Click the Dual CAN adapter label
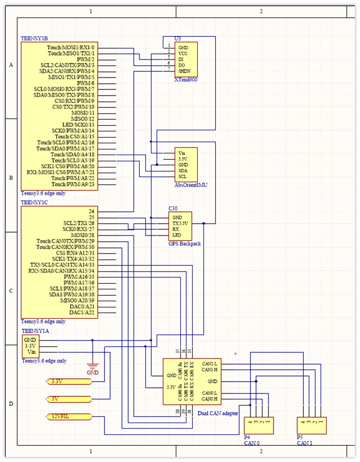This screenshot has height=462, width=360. [x=218, y=413]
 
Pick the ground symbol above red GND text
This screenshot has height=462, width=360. [x=93, y=365]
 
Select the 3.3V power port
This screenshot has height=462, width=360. [x=67, y=381]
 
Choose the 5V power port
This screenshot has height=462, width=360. [x=67, y=399]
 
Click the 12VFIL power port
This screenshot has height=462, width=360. [x=67, y=416]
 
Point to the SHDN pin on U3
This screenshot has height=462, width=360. [x=185, y=71]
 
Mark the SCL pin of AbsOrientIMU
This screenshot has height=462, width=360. [x=183, y=176]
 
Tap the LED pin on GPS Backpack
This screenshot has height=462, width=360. [x=177, y=235]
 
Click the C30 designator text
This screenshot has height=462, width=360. [x=174, y=209]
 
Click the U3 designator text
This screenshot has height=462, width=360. [x=178, y=39]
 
